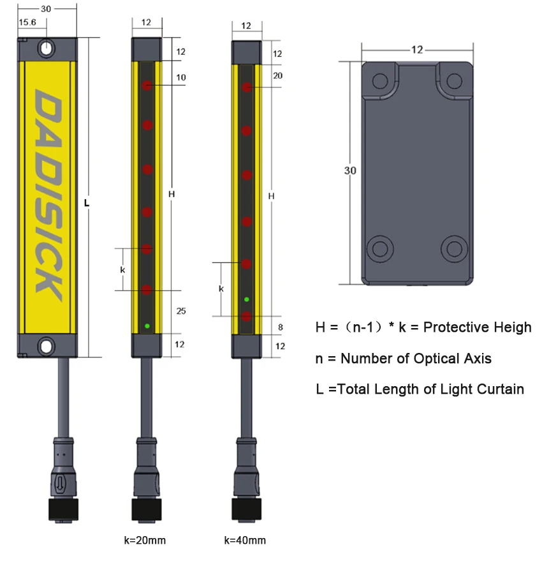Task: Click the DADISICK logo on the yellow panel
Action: [48, 195]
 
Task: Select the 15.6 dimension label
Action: [27, 22]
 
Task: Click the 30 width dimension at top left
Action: [45, 9]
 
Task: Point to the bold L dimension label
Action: [87, 204]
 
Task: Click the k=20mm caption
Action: [145, 541]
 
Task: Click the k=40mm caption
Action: [245, 541]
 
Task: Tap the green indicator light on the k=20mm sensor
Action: [147, 326]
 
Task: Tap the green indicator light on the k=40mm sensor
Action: [246, 299]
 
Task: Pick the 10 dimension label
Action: [181, 77]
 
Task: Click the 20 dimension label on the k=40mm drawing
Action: [277, 75]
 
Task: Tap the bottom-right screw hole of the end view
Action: [455, 247]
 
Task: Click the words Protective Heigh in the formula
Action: [477, 327]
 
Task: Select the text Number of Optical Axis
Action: [416, 359]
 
